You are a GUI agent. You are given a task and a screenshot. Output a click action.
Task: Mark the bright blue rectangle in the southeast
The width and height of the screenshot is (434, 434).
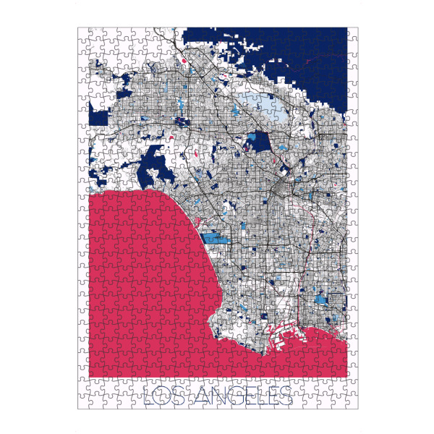pyautogui.click(x=320, y=299)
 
